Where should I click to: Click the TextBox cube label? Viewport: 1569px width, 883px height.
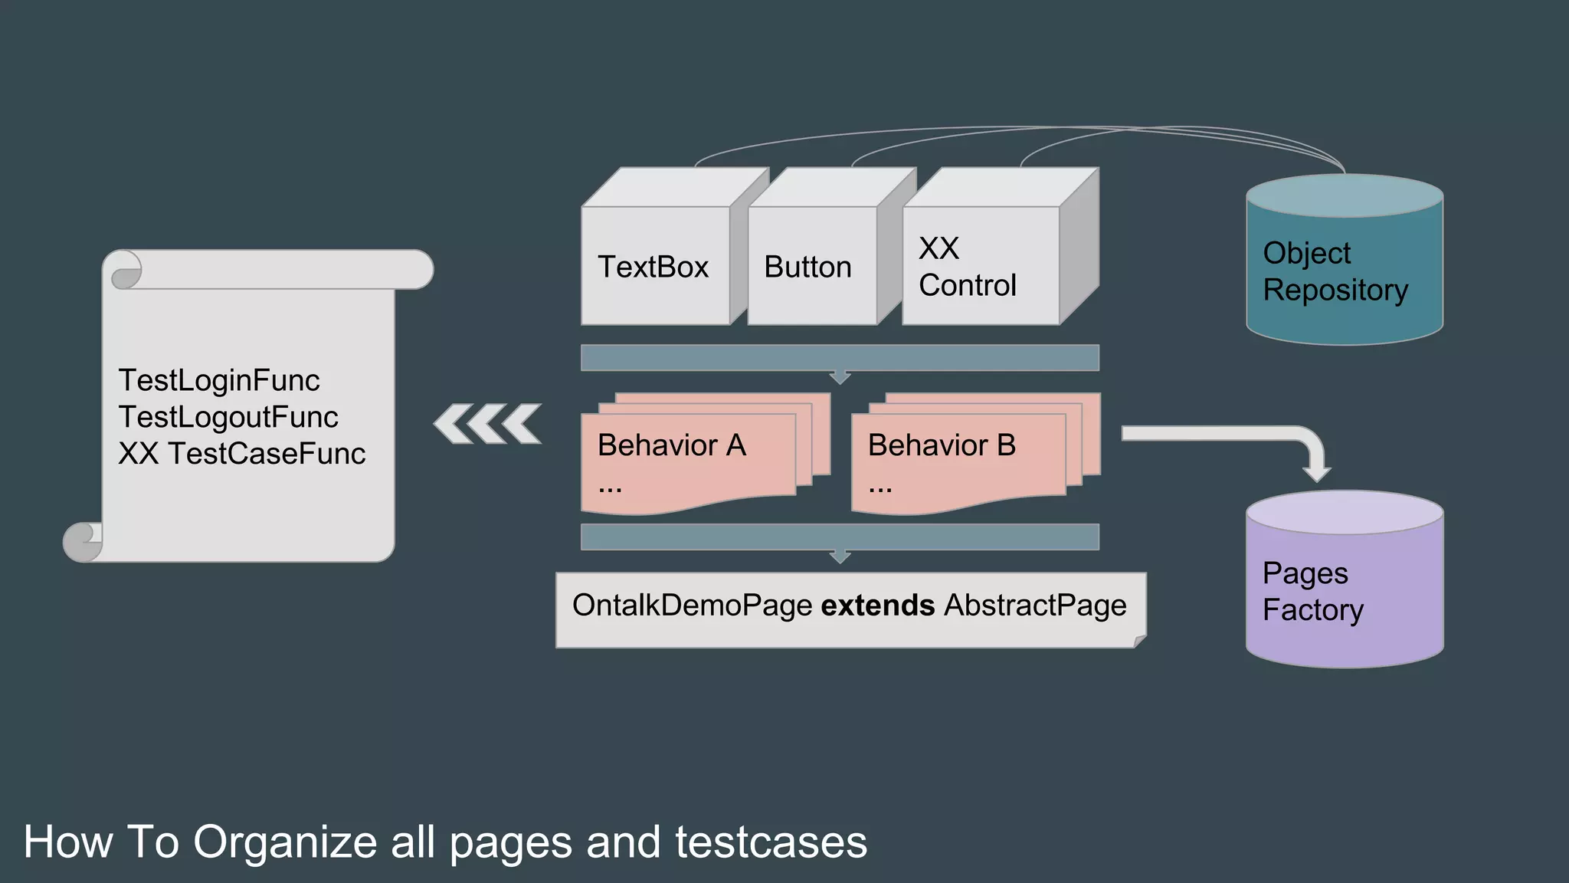coord(653,267)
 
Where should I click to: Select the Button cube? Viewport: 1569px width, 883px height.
coord(808,267)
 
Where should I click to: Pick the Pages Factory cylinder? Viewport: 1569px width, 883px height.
coord(1345,590)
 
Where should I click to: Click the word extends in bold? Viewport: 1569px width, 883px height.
coord(878,606)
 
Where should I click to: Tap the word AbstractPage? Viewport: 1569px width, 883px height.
coord(1035,606)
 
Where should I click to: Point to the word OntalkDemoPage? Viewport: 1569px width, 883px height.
coord(692,606)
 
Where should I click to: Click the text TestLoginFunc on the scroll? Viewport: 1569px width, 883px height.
coord(219,380)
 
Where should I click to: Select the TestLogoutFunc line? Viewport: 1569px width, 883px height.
coord(228,417)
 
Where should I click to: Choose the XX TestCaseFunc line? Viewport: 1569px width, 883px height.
coord(242,454)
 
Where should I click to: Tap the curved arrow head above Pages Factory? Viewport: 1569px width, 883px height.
coord(1317,469)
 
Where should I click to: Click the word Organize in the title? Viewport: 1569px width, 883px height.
coord(285,842)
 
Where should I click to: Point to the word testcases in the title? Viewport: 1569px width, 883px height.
coord(771,842)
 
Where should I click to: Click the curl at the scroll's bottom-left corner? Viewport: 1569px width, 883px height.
coord(80,542)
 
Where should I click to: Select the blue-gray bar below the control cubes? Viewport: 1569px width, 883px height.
coord(840,358)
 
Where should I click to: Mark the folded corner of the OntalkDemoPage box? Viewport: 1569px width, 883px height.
coord(1140,641)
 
